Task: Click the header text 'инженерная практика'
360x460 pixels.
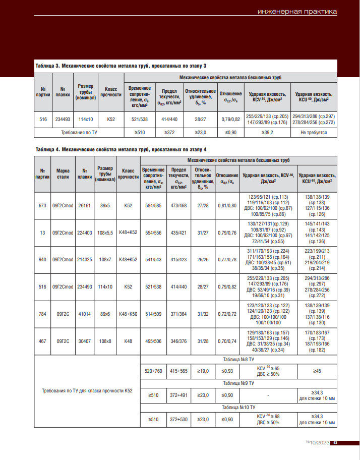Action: (296, 12)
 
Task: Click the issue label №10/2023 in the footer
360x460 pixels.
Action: (318, 442)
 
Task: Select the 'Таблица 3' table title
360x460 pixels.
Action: (121, 66)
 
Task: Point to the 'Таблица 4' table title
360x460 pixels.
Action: (121, 149)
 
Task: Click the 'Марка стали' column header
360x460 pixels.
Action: (63, 174)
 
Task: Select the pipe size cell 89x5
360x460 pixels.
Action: (105, 206)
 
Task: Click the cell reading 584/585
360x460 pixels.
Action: (152, 206)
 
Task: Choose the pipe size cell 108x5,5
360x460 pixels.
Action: (105, 233)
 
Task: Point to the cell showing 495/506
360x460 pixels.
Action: (152, 341)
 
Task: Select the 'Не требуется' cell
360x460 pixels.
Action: (314, 133)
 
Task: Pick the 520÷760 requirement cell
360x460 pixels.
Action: (152, 371)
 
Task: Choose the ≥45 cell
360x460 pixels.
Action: (317, 371)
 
